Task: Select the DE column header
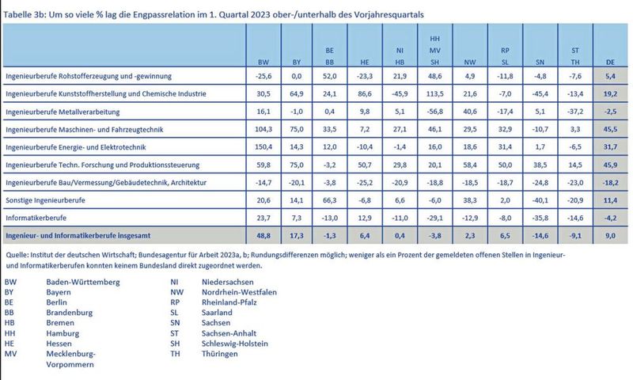(x=610, y=62)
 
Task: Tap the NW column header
(x=469, y=62)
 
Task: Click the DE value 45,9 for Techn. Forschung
(x=609, y=164)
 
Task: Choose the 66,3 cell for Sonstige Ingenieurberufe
(x=330, y=199)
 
